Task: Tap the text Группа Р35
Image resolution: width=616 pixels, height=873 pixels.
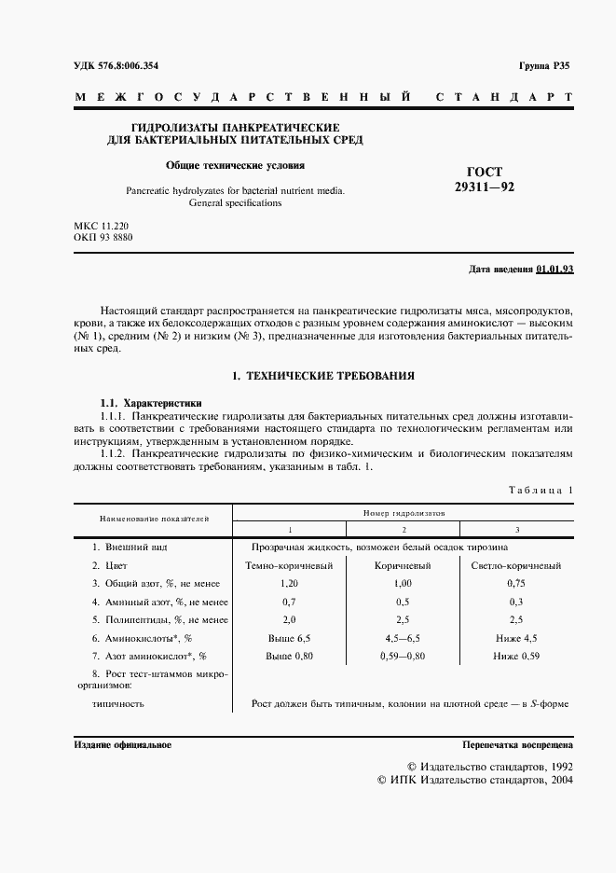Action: pyautogui.click(x=544, y=65)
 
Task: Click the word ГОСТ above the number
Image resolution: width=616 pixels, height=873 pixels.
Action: pyautogui.click(x=483, y=172)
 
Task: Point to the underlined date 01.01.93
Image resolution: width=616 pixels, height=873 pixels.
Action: pyautogui.click(x=554, y=270)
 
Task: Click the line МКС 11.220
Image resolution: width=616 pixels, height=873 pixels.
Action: pyautogui.click(x=103, y=226)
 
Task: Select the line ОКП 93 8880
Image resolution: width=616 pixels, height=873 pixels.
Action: pyautogui.click(x=103, y=238)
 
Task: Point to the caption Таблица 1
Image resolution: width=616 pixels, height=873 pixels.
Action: pyautogui.click(x=541, y=489)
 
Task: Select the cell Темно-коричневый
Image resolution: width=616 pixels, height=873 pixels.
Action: pyautogui.click(x=288, y=565)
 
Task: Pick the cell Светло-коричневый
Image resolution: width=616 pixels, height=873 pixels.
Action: pyautogui.click(x=517, y=565)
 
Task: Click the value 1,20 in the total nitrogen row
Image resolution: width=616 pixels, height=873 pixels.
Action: pyautogui.click(x=288, y=583)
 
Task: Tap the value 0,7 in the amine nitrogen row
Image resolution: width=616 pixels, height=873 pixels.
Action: pyautogui.click(x=288, y=602)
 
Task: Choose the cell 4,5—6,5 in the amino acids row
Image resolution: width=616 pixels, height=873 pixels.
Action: pyautogui.click(x=402, y=638)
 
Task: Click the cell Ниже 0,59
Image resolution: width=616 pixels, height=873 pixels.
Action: pyautogui.click(x=517, y=656)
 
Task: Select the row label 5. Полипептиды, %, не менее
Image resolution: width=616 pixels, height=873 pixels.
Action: pyautogui.click(x=159, y=619)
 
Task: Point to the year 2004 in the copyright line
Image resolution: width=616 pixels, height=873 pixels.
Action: pyautogui.click(x=558, y=780)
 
